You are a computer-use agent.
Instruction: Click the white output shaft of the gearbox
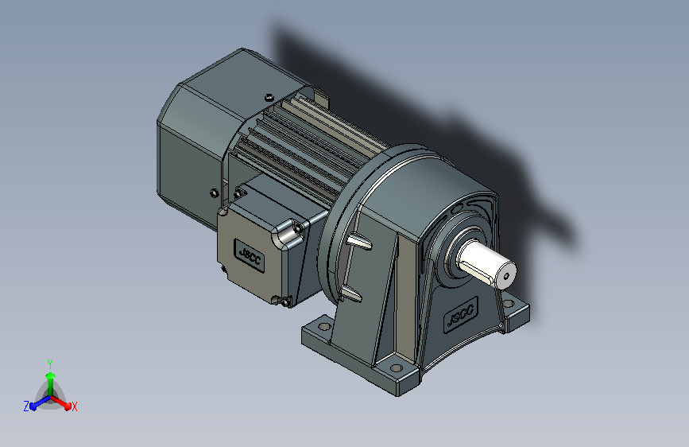coord(486,264)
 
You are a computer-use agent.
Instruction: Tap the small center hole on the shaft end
coord(506,276)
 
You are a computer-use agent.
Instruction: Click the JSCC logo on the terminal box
coord(250,255)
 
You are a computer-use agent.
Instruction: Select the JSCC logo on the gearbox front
coord(460,315)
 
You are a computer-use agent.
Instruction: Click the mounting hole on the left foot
coord(324,326)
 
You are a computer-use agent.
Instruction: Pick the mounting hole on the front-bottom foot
coord(397,367)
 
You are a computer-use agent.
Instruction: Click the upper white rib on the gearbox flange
coord(359,241)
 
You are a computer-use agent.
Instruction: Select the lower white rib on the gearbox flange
coord(351,293)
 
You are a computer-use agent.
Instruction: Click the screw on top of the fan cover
coord(269,97)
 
